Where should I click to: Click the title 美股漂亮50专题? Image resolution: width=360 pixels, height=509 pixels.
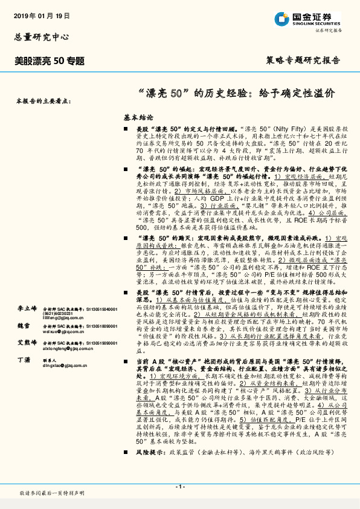[50, 60]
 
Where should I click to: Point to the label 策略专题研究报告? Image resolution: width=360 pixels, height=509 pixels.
[303, 60]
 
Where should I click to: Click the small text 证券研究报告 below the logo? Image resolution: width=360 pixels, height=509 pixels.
[329, 30]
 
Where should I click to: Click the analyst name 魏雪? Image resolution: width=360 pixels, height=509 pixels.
[22, 325]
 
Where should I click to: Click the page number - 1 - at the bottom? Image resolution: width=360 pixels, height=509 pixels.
[179, 487]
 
